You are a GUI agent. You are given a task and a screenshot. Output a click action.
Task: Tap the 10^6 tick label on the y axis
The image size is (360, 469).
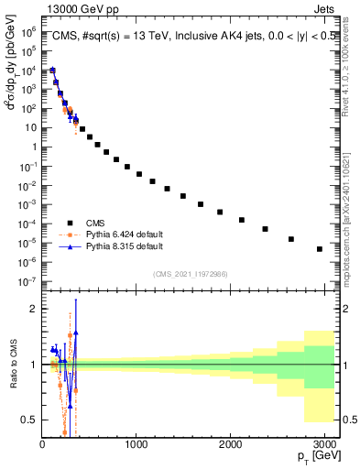[27, 31]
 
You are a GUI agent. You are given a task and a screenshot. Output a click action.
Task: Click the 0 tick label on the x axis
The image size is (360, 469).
[42, 443]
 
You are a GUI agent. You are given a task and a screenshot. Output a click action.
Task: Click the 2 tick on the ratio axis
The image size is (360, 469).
[32, 310]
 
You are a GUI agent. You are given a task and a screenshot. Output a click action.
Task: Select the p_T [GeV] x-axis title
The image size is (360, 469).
[314, 456]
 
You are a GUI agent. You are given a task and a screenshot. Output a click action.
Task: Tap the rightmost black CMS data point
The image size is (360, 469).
[320, 249]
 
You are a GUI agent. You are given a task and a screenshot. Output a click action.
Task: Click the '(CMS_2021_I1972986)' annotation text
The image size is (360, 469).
[190, 273]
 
